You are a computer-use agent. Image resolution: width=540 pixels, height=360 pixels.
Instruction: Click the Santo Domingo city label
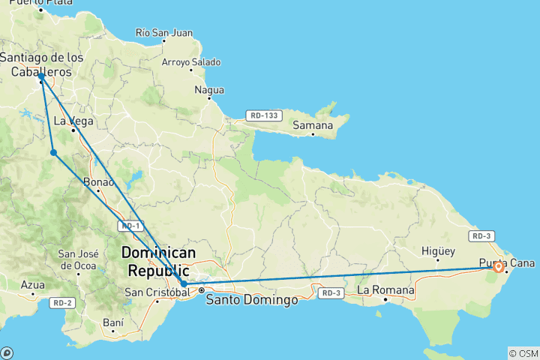251,300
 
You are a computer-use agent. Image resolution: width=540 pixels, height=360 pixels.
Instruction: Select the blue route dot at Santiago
41,76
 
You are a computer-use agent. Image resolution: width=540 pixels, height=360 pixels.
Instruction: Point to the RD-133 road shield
265,115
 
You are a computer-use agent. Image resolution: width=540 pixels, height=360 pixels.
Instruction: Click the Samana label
313,125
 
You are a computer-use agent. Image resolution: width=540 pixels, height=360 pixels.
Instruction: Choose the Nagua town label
209,90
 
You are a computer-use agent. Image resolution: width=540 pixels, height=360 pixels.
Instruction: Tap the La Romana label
385,289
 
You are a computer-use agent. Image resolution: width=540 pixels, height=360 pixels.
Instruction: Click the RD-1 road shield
130,226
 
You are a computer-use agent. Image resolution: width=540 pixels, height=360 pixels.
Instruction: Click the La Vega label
68,121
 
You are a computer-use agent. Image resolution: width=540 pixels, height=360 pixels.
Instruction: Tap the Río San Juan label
164,33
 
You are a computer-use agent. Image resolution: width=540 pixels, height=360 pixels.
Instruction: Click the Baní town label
112,322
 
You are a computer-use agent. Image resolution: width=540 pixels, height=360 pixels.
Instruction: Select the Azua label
33,285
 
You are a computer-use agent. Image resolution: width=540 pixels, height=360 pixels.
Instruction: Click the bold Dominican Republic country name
158,261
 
